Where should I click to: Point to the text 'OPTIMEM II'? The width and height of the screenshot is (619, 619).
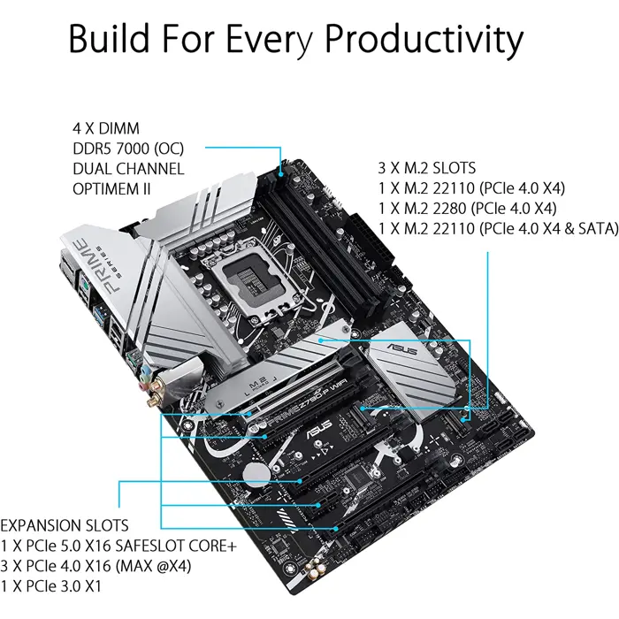111,187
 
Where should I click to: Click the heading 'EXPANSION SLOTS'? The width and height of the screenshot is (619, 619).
64,525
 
